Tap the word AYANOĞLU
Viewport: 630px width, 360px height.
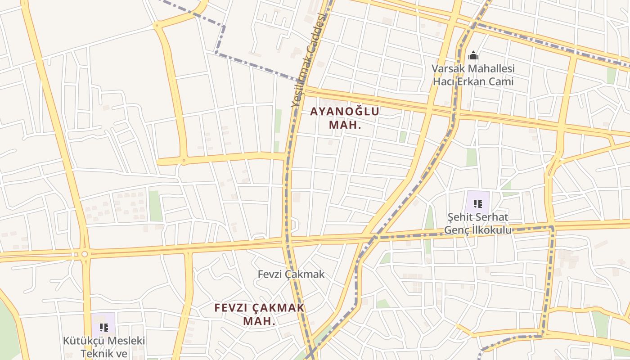[345, 112]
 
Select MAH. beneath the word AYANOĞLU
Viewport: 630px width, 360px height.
[345, 125]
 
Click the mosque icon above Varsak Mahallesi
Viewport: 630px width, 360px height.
[473, 56]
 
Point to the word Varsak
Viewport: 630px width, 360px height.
[448, 69]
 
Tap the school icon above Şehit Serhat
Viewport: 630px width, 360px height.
[478, 203]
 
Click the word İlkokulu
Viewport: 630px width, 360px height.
[488, 230]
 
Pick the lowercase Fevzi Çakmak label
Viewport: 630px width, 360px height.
[291, 274]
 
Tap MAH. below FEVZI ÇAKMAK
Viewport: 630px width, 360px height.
[259, 321]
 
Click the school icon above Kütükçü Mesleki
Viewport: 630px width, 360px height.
[104, 327]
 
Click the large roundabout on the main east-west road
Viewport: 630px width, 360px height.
[84, 255]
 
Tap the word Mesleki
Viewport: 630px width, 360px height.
[126, 341]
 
